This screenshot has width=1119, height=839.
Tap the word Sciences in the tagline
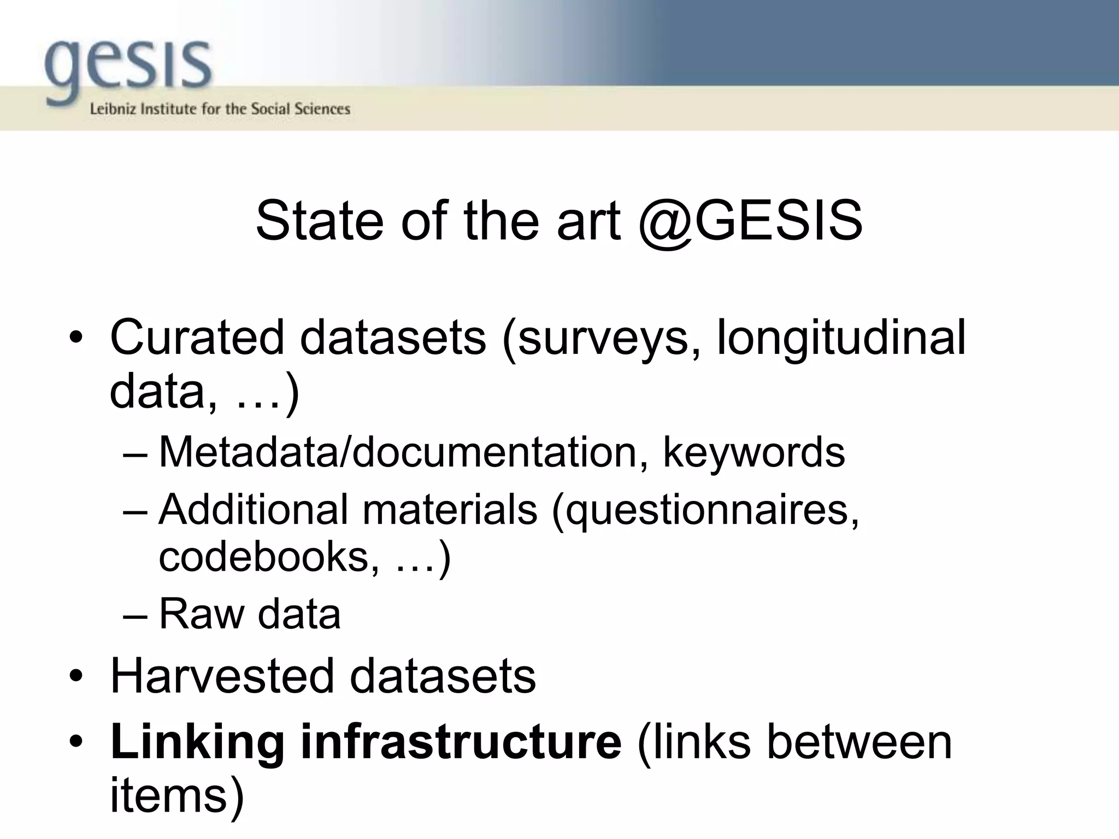(322, 109)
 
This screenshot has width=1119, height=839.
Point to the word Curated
(197, 337)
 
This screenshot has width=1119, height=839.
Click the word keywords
(754, 453)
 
